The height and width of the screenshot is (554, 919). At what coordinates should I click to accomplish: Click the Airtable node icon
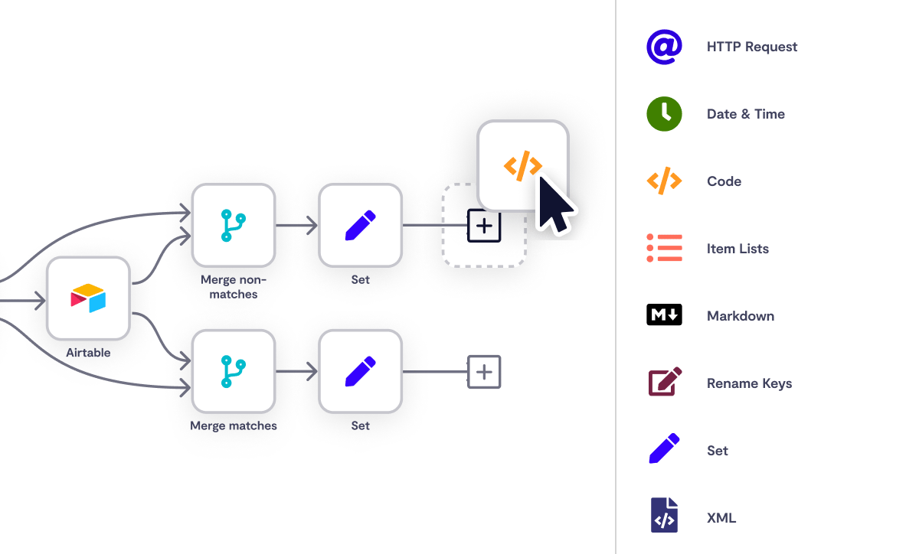pyautogui.click(x=88, y=298)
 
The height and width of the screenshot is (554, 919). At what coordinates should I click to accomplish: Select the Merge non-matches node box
pyautogui.click(x=234, y=225)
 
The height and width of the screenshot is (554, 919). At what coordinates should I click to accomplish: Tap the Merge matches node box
pyautogui.click(x=234, y=372)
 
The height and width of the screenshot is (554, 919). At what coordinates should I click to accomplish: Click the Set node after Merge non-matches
pyautogui.click(x=361, y=225)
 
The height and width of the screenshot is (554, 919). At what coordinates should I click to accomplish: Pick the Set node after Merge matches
pyautogui.click(x=361, y=372)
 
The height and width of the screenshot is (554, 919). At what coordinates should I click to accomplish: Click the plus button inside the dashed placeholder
pyautogui.click(x=484, y=226)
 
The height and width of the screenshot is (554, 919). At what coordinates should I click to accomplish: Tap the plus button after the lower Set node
pyautogui.click(x=484, y=372)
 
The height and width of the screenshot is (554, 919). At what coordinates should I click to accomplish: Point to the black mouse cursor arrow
pyautogui.click(x=554, y=204)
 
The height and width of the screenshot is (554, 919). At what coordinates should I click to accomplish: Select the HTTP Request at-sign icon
pyautogui.click(x=664, y=47)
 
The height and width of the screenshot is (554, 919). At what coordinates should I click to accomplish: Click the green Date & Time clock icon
pyautogui.click(x=664, y=114)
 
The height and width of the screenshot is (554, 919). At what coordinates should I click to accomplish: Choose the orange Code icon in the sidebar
pyautogui.click(x=664, y=181)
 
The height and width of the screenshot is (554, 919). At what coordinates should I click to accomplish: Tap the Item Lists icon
pyautogui.click(x=664, y=249)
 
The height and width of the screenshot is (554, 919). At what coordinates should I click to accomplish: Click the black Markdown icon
pyautogui.click(x=664, y=315)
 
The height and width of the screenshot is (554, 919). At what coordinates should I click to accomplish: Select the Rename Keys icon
pyautogui.click(x=664, y=383)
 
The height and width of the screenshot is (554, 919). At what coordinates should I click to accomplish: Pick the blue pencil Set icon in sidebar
pyautogui.click(x=664, y=450)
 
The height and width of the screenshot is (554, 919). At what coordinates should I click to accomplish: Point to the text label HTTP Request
pyautogui.click(x=751, y=47)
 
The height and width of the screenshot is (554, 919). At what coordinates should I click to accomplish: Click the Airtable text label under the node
pyautogui.click(x=88, y=353)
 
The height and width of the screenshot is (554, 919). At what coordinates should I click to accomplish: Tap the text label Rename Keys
pyautogui.click(x=749, y=383)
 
